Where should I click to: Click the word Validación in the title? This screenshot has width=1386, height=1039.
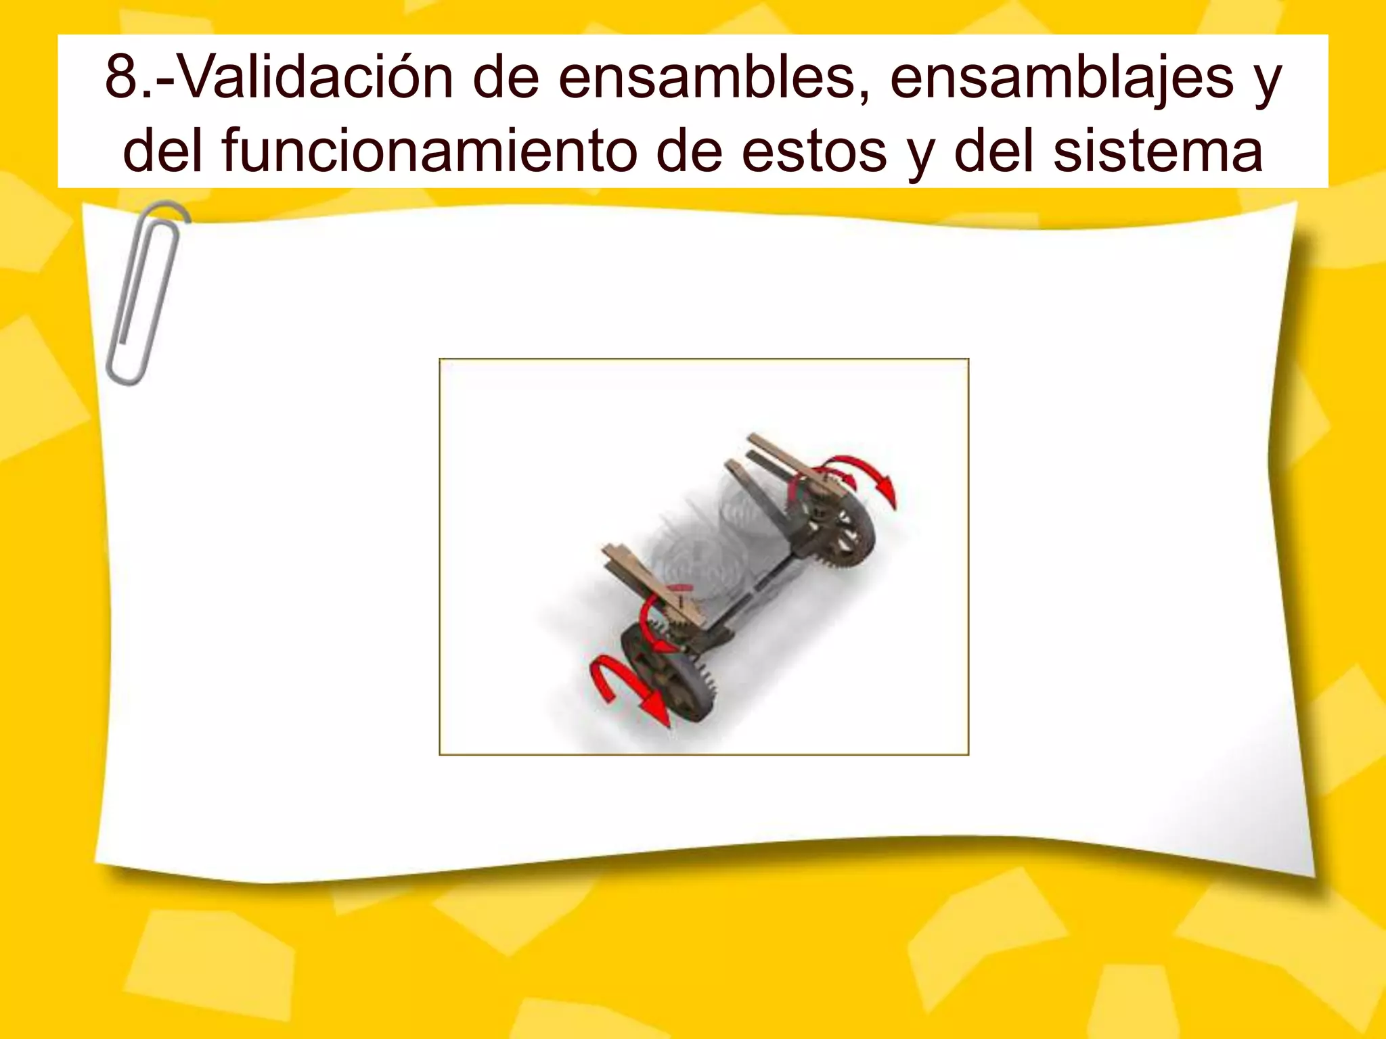click(307, 78)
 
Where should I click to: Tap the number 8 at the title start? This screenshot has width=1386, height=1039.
click(121, 78)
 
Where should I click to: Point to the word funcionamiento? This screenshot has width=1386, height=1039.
click(431, 152)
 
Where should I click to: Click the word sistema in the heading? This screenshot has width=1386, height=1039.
click(1158, 152)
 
